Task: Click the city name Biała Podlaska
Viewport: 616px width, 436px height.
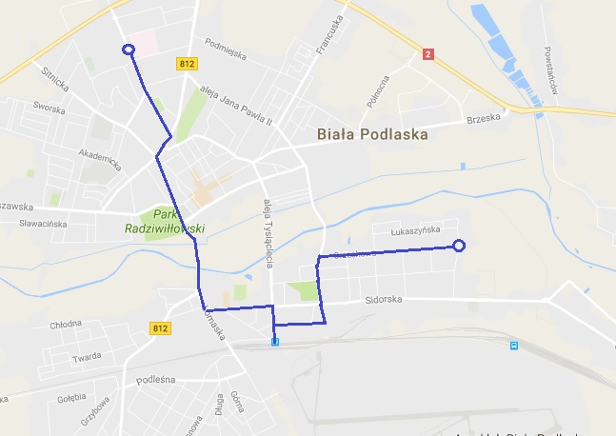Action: click(372, 134)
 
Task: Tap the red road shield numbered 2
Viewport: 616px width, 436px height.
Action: click(428, 54)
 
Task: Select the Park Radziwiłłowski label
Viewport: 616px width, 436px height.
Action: click(166, 221)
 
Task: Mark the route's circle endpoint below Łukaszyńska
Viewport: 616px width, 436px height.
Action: click(458, 246)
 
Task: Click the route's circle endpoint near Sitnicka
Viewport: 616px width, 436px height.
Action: click(129, 50)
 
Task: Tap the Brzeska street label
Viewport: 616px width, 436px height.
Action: click(483, 120)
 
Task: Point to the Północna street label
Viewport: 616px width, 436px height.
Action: click(369, 89)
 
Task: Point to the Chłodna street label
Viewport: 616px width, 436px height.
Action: click(66, 323)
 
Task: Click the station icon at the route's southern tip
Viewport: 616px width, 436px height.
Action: click(275, 341)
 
